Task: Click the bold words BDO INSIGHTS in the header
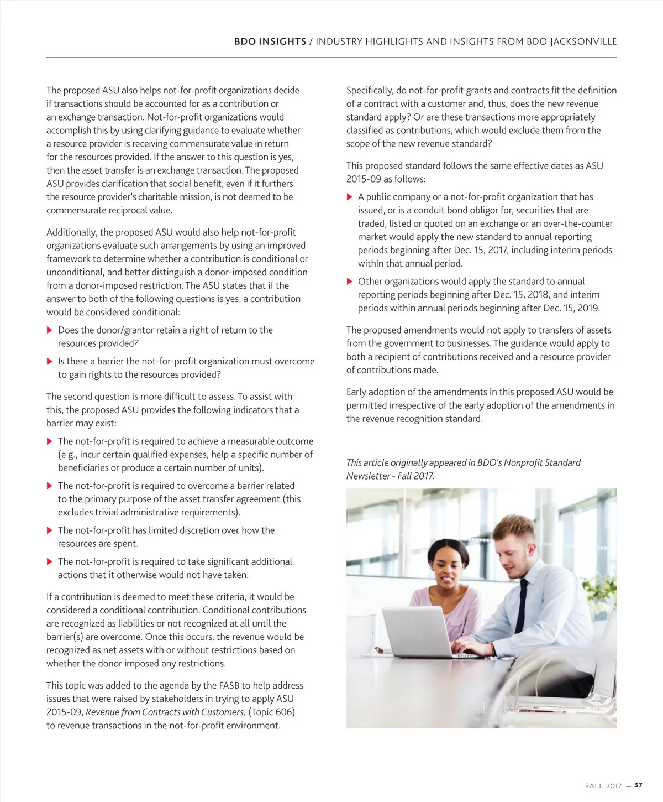(x=270, y=41)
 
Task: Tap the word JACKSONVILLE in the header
(x=583, y=41)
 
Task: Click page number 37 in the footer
(x=638, y=785)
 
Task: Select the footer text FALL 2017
(x=603, y=785)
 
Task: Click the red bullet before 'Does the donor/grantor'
(x=50, y=330)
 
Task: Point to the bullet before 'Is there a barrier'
(x=50, y=362)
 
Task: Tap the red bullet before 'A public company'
(x=349, y=197)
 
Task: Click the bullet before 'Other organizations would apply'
(x=349, y=282)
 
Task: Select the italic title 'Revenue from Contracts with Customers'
(x=165, y=712)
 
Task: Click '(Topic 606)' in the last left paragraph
(x=271, y=712)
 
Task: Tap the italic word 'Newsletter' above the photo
(x=367, y=476)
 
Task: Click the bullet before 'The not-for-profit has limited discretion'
(x=50, y=530)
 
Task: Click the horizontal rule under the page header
(x=331, y=58)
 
